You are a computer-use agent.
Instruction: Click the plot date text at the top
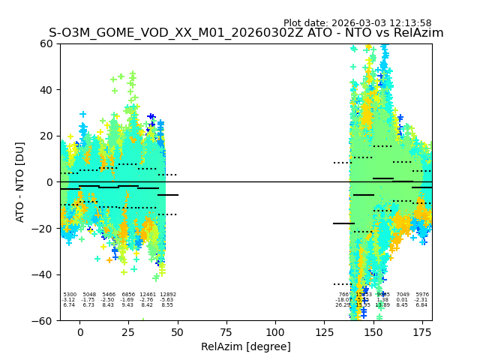(x=357, y=23)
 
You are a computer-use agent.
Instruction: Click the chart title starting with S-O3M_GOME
(x=246, y=33)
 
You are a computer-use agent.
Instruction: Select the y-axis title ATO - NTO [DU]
(x=20, y=182)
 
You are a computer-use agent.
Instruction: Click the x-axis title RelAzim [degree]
(x=245, y=346)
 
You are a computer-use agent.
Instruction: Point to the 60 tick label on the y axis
(x=46, y=43)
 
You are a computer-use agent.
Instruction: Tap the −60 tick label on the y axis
(x=43, y=320)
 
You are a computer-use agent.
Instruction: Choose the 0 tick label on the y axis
(x=50, y=182)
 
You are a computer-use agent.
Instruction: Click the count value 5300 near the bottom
(x=70, y=295)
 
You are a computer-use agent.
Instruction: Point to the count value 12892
(x=167, y=295)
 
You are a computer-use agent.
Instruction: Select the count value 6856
(x=128, y=295)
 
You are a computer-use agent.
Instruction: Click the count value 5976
(x=422, y=295)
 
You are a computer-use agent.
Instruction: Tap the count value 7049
(x=403, y=295)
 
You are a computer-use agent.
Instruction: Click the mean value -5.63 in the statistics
(x=167, y=300)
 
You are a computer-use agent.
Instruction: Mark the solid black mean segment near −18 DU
(x=343, y=223)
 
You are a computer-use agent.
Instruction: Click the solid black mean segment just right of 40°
(x=168, y=195)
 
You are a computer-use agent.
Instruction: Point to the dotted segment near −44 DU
(x=342, y=284)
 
